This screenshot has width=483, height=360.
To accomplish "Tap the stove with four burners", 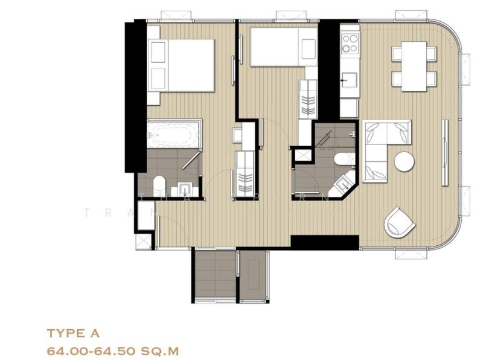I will coord(350,43).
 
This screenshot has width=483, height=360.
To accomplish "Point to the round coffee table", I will coord(405,161).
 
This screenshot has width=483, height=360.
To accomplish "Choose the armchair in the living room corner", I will coord(399,222).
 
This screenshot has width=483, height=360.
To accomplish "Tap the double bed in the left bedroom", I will coord(181,65).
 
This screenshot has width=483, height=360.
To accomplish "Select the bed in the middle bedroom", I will coord(283,47).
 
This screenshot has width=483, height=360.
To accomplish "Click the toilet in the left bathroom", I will coord(159,184).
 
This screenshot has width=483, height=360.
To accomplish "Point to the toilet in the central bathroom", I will coord(342,158).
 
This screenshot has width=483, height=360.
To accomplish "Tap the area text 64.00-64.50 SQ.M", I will coord(112,350).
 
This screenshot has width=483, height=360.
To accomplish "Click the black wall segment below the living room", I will coord(324,242).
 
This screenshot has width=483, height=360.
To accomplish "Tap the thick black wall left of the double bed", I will coord(135,97).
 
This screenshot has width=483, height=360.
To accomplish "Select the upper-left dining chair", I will coord(397,54).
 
